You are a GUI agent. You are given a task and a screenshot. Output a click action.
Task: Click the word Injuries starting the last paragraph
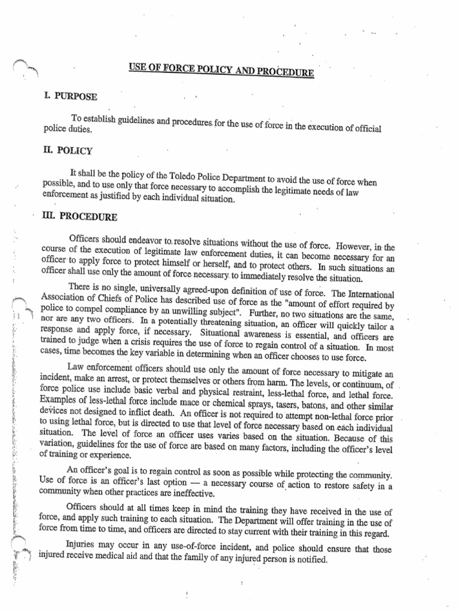84,547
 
